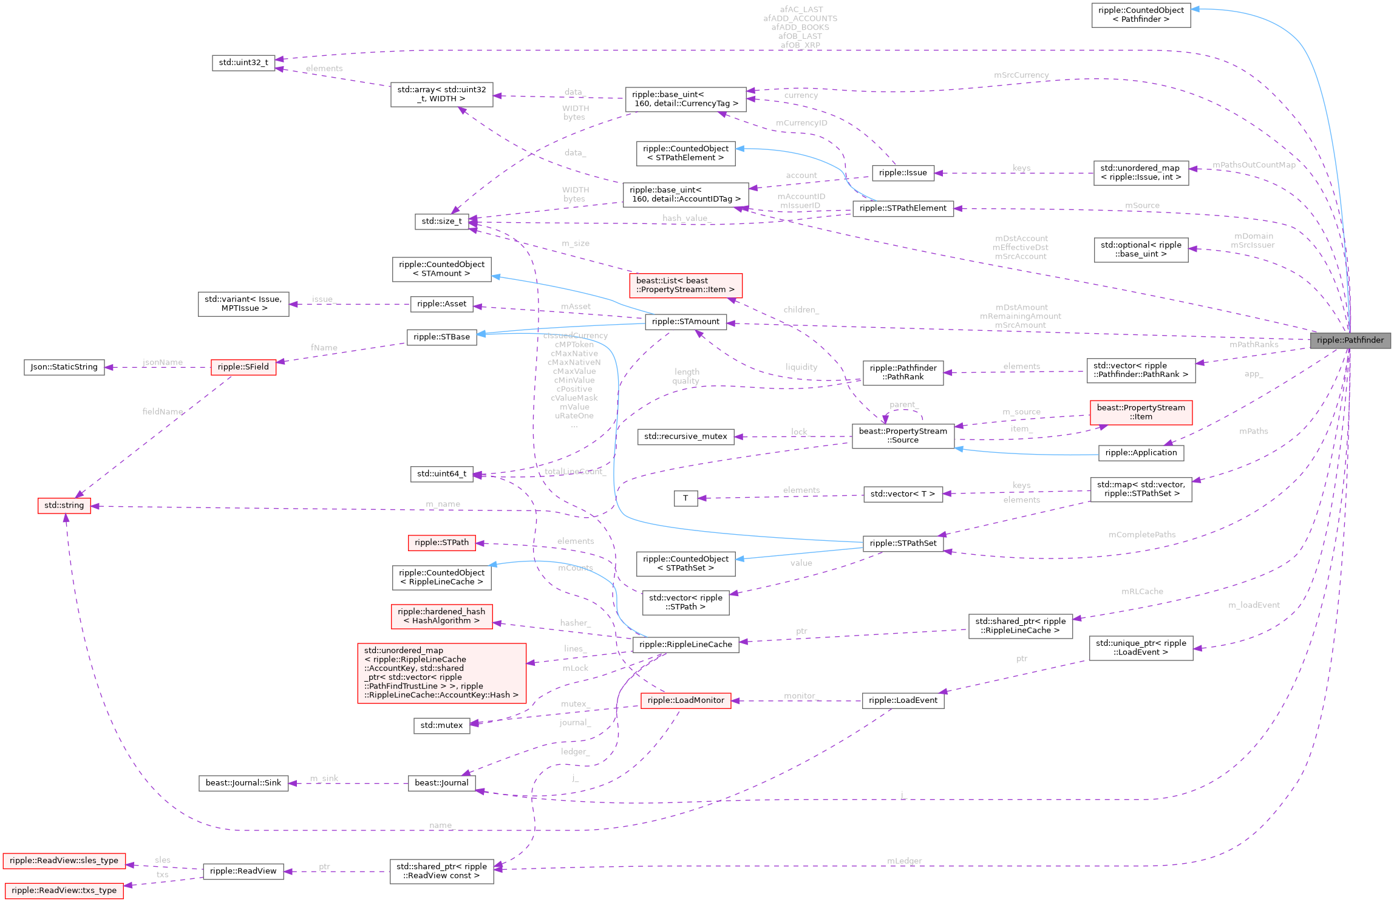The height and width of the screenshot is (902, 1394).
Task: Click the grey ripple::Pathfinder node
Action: click(x=1350, y=340)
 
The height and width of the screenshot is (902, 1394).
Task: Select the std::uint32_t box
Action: click(x=243, y=63)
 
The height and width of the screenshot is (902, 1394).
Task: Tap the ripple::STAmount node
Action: click(x=685, y=322)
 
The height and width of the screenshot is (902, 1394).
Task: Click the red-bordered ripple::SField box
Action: click(x=243, y=367)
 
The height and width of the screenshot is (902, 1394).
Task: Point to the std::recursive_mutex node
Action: click(x=685, y=436)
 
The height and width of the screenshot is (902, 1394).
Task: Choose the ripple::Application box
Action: click(x=1141, y=453)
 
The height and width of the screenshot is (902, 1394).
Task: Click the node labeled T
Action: click(x=685, y=498)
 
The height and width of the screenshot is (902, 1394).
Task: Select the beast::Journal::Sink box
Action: click(x=243, y=783)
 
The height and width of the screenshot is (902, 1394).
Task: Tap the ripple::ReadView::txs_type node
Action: click(x=64, y=890)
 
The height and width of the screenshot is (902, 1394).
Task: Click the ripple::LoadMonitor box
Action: click(x=685, y=700)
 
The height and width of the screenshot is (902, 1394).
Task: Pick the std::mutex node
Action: click(x=441, y=725)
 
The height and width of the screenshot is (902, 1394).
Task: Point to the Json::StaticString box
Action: click(x=64, y=367)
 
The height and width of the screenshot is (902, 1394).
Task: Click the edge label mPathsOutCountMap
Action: click(x=1254, y=165)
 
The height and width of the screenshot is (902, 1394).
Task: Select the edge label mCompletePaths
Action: click(x=1141, y=535)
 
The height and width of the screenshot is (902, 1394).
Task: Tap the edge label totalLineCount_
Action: click(x=574, y=472)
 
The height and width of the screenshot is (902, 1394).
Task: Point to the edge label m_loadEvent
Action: click(x=1254, y=605)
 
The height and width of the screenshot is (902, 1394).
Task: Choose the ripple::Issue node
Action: click(x=903, y=173)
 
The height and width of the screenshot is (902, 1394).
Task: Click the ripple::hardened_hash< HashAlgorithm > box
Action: click(x=441, y=616)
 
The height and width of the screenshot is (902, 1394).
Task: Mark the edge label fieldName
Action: click(x=163, y=412)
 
